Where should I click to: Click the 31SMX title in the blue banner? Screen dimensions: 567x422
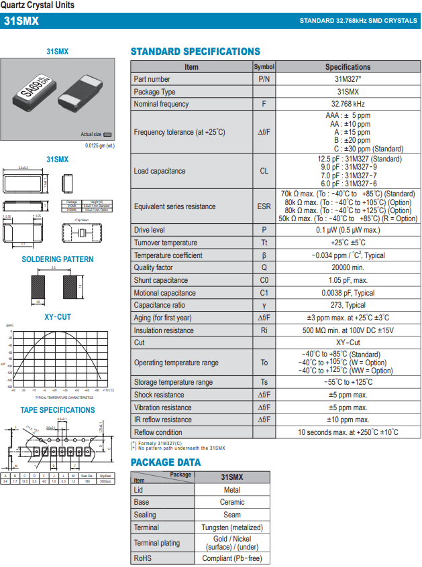[x=21, y=21]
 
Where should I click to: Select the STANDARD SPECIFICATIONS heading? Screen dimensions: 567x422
[x=195, y=52]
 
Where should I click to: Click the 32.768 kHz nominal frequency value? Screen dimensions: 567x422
[x=348, y=104]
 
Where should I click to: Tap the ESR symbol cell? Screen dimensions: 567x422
[x=264, y=206]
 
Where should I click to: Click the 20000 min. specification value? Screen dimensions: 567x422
[x=348, y=267]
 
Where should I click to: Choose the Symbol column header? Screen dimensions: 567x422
[x=264, y=67]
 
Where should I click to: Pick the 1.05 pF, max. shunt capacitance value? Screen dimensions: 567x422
[x=348, y=280]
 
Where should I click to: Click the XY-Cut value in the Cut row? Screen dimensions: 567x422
[x=348, y=342]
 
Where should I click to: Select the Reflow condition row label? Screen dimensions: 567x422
[x=158, y=432]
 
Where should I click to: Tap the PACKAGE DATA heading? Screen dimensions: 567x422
[x=166, y=462]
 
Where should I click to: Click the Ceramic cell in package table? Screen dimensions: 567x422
[x=233, y=502]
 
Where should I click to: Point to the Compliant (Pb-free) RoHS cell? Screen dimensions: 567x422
[x=233, y=558]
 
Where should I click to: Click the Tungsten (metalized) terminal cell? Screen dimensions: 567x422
[x=233, y=527]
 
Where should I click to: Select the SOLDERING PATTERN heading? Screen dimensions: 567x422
[x=58, y=259]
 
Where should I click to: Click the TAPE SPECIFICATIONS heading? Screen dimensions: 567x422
[x=58, y=410]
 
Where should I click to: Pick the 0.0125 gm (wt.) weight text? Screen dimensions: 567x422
[x=100, y=145]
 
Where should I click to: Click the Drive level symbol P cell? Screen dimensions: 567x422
[x=264, y=230]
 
